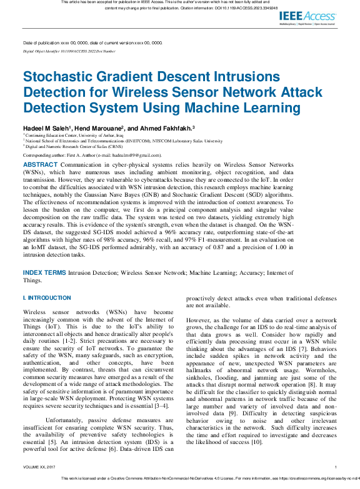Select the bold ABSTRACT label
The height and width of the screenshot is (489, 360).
pyautogui.click(x=40, y=164)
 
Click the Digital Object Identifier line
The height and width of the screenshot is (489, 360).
pyautogui.click(x=69, y=51)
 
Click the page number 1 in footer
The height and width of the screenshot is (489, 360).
pyautogui.click(x=336, y=467)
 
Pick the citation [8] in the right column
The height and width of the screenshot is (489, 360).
pyautogui.click(x=319, y=385)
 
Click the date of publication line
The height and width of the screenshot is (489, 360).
pyautogui.click(x=92, y=43)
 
